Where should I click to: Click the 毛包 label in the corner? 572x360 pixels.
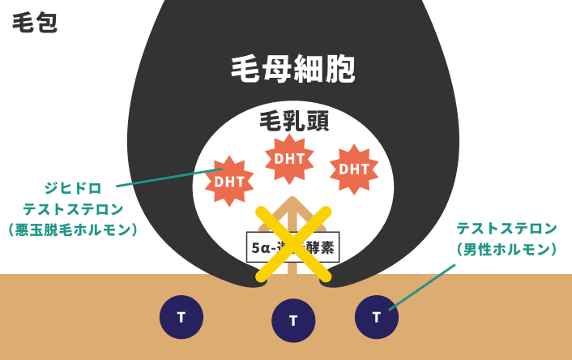(x=35, y=22)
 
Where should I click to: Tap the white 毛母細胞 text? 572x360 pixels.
(x=293, y=70)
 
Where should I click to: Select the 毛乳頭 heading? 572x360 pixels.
(x=293, y=122)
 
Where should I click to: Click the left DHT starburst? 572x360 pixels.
(x=229, y=181)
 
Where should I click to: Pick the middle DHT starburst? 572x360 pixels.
(x=289, y=159)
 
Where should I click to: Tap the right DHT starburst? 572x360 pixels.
(x=354, y=169)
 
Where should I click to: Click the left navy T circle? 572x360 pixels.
(x=181, y=316)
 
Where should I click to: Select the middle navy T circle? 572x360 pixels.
(x=293, y=320)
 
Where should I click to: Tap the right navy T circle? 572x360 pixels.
(x=377, y=316)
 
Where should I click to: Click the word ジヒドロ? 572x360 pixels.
(x=73, y=188)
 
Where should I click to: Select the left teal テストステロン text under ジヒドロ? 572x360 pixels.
(x=73, y=209)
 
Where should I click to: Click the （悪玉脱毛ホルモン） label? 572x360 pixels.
(x=73, y=230)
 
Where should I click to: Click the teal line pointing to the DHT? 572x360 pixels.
(x=166, y=178)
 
